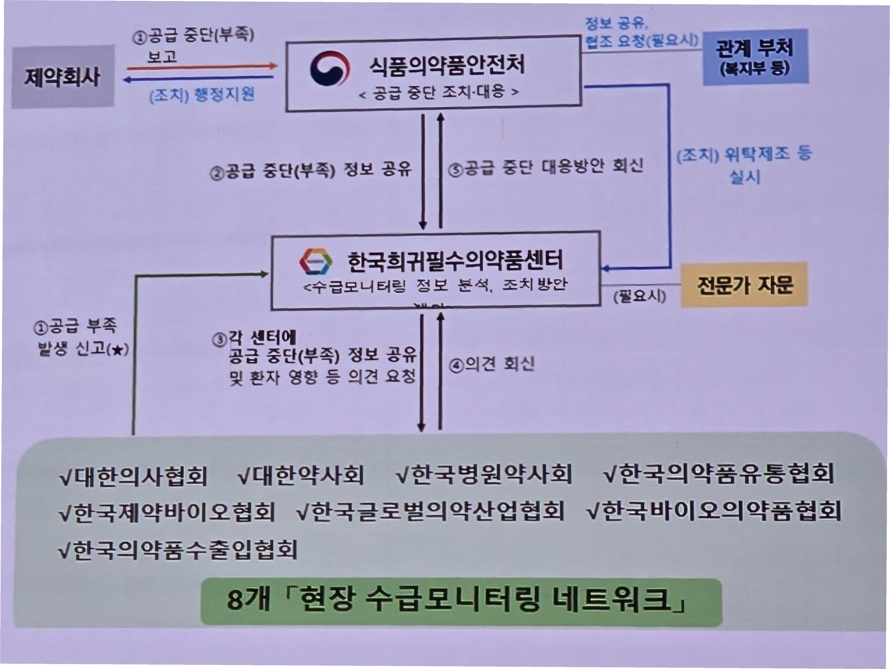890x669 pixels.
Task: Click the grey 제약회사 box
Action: click(x=62, y=77)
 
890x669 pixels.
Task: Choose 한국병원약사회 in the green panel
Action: click(x=484, y=474)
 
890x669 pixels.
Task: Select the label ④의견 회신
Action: click(x=492, y=364)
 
